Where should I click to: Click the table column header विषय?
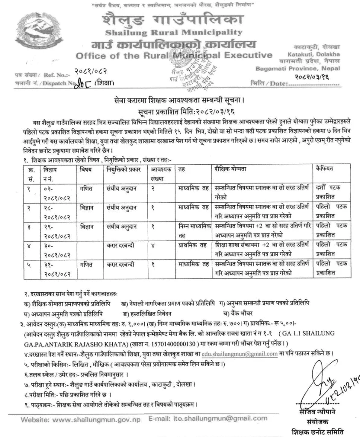[x=85, y=169]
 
